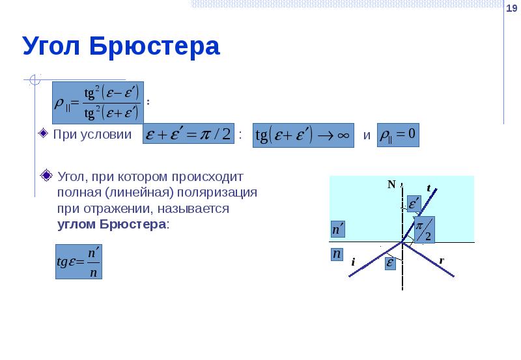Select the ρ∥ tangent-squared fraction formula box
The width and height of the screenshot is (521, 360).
98,102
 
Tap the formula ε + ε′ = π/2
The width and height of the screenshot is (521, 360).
188,135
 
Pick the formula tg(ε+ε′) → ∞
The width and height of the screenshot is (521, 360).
303,135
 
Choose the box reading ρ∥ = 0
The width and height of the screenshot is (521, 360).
398,135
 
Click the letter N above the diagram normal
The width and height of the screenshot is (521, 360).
392,184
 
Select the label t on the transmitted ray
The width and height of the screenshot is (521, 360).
429,187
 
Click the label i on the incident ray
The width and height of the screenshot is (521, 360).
352,262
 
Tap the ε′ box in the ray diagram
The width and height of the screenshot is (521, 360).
414,204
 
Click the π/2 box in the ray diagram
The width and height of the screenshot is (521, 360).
425,230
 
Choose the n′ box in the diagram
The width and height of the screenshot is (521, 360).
337,230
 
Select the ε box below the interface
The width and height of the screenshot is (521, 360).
390,263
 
